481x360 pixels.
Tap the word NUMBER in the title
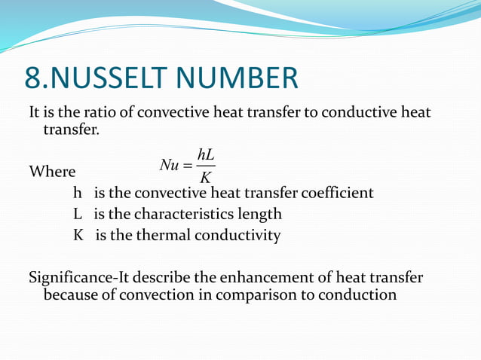click(242, 79)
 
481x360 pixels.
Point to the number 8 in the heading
click(32, 79)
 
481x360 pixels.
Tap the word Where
click(52, 172)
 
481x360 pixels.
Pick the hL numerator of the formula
click(206, 154)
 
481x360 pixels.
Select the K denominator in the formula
click(206, 178)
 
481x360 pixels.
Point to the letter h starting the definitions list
click(77, 193)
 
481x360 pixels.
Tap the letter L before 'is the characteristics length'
click(78, 214)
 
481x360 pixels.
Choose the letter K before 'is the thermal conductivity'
click(78, 235)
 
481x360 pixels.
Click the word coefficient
click(337, 193)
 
